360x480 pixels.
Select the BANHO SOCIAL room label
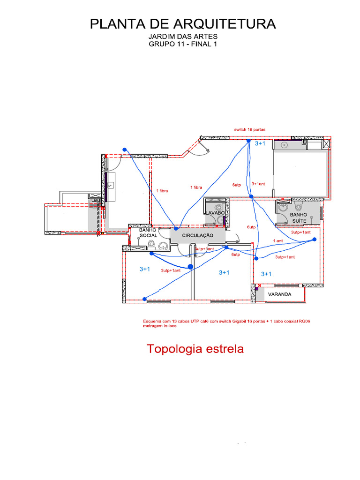click(148, 232)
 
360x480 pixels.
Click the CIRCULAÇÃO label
click(197, 235)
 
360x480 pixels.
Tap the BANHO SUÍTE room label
click(298, 217)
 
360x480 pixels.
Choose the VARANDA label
click(280, 294)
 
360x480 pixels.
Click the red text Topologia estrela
click(195, 349)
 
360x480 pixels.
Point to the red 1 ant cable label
click(278, 241)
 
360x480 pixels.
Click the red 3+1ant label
click(258, 184)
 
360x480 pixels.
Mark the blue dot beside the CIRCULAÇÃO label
click(176, 228)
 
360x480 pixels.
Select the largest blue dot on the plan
click(190, 267)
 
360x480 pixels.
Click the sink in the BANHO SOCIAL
click(163, 244)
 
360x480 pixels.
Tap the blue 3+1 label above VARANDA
click(266, 274)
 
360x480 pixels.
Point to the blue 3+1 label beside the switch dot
click(260, 143)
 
